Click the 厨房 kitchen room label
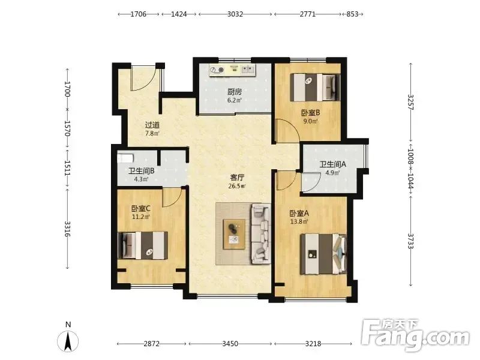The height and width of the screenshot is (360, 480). click(x=235, y=92)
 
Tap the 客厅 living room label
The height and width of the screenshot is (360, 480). click(x=237, y=178)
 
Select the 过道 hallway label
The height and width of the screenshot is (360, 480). click(x=152, y=125)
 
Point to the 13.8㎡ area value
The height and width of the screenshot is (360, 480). click(x=299, y=221)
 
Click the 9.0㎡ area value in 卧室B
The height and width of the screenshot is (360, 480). click(x=310, y=121)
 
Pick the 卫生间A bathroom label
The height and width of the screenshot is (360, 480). click(x=333, y=164)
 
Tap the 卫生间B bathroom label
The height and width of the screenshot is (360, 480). click(x=141, y=171)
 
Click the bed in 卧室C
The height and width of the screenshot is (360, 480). click(x=143, y=245)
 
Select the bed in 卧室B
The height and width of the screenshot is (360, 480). click(x=316, y=87)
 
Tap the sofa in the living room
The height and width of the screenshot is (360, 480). click(x=261, y=233)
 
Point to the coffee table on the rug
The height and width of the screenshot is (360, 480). click(x=235, y=234)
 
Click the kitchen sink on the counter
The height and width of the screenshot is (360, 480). click(x=248, y=70)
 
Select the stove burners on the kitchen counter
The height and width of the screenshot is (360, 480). click(x=217, y=70)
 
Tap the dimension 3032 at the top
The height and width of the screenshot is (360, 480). click(x=235, y=14)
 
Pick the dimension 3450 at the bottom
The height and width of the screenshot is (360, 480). click(x=230, y=344)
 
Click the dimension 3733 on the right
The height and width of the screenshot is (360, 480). click(x=411, y=242)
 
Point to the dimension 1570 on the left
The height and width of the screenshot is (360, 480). click(x=67, y=128)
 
